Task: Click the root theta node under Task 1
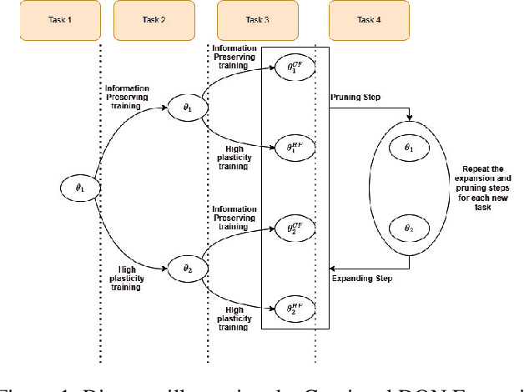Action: (x=81, y=188)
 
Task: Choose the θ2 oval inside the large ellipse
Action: (x=408, y=228)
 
